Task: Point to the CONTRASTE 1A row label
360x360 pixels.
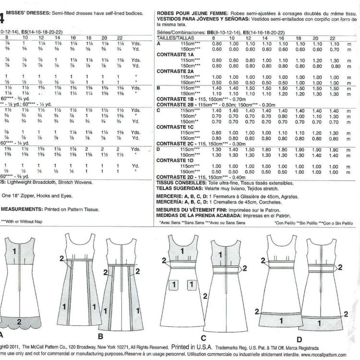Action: (x=175, y=54)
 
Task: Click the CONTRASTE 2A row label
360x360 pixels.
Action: (x=175, y=71)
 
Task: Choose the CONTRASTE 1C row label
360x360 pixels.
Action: (x=175, y=127)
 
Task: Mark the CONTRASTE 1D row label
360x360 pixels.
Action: (x=175, y=160)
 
